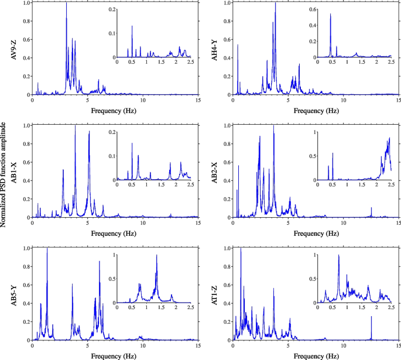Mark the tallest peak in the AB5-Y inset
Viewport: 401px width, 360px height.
coord(156,256)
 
